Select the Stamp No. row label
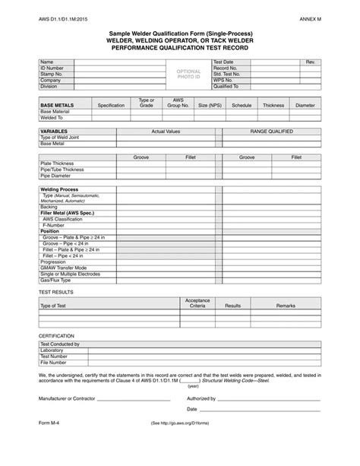click(50, 74)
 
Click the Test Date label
click(223, 62)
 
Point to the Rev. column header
click(310, 62)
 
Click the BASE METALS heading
click(58, 105)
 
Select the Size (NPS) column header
click(210, 105)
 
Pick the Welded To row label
click(52, 117)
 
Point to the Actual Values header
click(166, 131)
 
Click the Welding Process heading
click(58, 189)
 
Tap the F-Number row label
click(54, 226)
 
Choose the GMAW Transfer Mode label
click(64, 268)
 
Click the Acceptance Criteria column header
click(197, 303)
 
